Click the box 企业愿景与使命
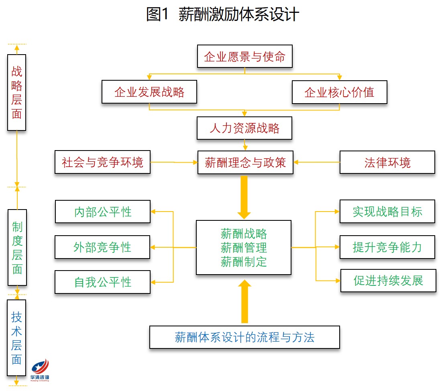coord(244,57)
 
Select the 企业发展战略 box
coord(149,92)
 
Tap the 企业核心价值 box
coord(339,92)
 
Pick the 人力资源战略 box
coord(244,128)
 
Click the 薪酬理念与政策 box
coord(245,163)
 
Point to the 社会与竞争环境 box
coord(102,163)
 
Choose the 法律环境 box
coord(387,163)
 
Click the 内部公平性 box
coord(102,212)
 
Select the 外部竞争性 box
coord(102,247)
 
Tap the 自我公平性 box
coord(102,282)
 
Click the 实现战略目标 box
coord(387,212)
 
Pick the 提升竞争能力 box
coord(387,247)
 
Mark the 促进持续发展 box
coord(388,280)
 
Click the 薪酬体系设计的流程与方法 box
coord(244,337)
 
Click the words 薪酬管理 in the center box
coord(244,248)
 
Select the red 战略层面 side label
coord(16,92)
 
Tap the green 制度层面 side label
coord(17,247)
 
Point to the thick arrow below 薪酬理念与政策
coord(244,197)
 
